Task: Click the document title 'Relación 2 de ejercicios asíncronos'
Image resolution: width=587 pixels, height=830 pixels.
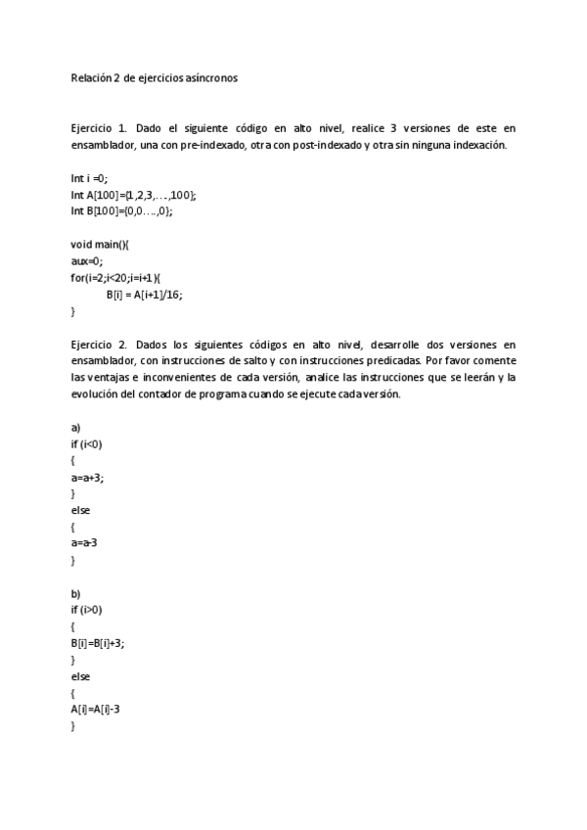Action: click(154, 76)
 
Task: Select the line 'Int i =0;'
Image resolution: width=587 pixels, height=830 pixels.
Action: click(90, 178)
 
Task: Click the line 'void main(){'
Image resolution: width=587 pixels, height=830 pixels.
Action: click(100, 245)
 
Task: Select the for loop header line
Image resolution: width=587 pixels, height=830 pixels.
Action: click(115, 277)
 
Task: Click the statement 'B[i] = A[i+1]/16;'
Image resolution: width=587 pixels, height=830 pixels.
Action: click(145, 294)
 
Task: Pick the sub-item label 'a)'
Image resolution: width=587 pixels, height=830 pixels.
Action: click(76, 428)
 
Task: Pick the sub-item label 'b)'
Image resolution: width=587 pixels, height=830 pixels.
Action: click(76, 594)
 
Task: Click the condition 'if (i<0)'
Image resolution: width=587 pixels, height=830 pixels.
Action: click(87, 444)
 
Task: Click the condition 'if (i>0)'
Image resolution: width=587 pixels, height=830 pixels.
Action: click(87, 611)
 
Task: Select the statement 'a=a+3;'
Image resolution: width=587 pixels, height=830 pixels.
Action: click(87, 478)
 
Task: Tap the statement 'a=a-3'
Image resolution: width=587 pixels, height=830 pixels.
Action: click(86, 543)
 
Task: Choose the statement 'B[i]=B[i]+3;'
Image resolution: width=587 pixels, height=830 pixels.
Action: click(98, 644)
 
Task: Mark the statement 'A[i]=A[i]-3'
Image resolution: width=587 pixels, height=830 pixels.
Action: click(95, 710)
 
